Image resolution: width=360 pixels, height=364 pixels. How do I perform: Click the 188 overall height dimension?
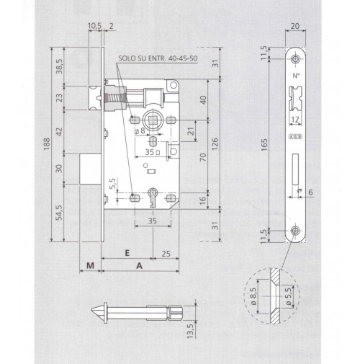pos(47,144)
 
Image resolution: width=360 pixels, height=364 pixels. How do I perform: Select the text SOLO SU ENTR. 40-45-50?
pos(158,58)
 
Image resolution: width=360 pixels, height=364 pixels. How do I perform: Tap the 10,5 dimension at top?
pos(95,26)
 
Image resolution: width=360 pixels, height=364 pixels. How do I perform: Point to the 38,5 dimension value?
pos(59,66)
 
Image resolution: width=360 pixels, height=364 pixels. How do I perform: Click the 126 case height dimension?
pos(215,144)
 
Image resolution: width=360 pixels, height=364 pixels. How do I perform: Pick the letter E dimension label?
pos(127,253)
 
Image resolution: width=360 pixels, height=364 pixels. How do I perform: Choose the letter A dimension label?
pos(139,266)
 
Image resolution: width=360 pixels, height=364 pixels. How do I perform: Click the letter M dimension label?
pos(90,266)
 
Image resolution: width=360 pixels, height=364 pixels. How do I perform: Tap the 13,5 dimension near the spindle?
pos(190,332)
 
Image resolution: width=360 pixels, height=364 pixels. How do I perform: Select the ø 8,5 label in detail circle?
pos(253,296)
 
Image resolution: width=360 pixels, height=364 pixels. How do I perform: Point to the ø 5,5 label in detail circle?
pos(289,296)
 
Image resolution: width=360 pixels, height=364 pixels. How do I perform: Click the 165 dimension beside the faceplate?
pos(264,145)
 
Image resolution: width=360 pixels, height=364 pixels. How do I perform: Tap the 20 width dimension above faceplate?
pos(295,26)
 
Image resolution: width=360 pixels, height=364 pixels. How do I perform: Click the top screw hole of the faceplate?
pos(295,58)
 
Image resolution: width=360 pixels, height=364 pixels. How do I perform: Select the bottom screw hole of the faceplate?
pos(295,231)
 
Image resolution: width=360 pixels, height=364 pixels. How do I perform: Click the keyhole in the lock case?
pos(153,197)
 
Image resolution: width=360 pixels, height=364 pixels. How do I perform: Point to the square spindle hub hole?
pos(153,120)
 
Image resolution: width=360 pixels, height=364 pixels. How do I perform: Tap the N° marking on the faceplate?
pos(296,76)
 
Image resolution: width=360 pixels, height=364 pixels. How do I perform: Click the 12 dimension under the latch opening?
pos(295,120)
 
